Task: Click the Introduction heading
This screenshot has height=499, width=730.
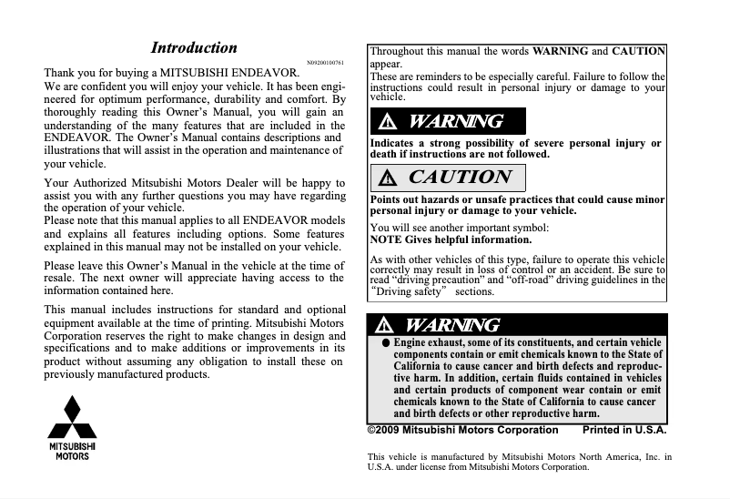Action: coord(194,48)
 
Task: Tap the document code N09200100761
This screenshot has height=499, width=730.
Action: coord(326,62)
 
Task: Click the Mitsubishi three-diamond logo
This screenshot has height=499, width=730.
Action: coord(72,418)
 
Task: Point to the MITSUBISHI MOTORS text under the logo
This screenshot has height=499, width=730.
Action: coord(72,451)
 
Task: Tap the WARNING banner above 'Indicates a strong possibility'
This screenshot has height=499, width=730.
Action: coord(448,121)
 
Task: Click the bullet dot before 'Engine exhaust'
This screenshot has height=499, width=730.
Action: coord(386,343)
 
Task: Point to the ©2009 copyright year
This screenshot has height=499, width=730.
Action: coord(383,430)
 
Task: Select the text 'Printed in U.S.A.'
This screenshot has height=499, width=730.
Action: coord(624,430)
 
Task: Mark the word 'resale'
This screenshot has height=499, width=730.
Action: coord(59,278)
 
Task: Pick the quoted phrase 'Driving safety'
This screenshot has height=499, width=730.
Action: coord(411,292)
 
